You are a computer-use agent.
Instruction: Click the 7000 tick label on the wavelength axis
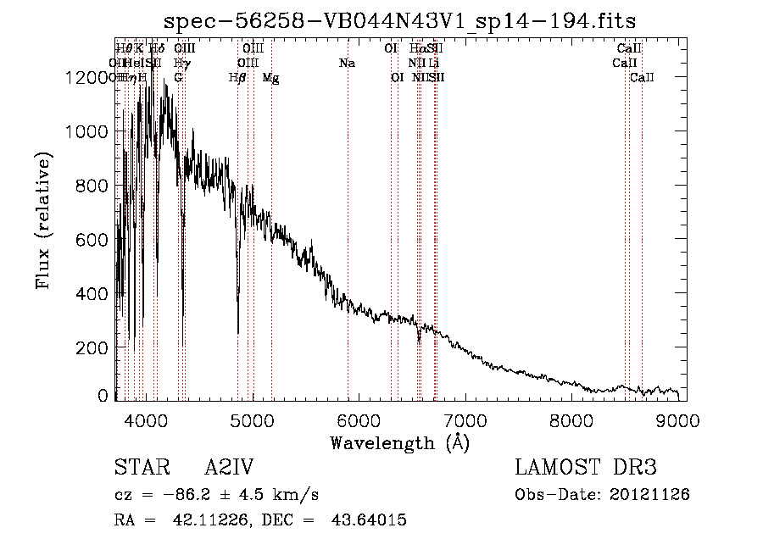[465, 419]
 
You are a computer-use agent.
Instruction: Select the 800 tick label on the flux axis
[88, 186]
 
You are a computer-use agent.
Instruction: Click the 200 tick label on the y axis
[88, 347]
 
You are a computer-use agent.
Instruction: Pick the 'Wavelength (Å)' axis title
[399, 442]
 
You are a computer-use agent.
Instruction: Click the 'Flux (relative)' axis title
[43, 220]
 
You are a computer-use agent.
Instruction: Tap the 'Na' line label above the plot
[346, 63]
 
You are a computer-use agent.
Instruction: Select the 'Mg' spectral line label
[270, 78]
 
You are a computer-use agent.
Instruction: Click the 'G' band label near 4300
[178, 78]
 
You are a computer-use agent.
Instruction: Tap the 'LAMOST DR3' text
[586, 468]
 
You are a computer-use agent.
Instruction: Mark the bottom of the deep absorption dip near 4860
[237, 332]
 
